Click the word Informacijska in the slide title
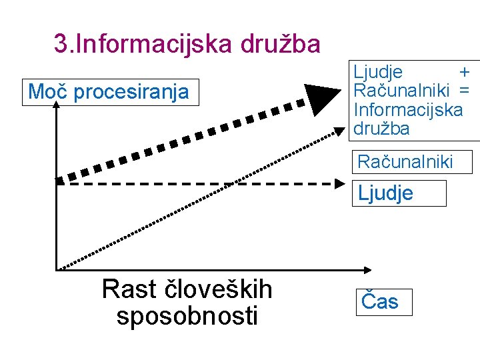click(x=155, y=44)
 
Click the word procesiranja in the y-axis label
click(x=131, y=93)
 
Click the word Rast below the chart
click(x=129, y=289)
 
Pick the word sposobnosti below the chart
click(x=187, y=315)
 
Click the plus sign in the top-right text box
click(x=464, y=71)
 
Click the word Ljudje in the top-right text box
click(x=378, y=71)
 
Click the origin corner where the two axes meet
click(x=57, y=269)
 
